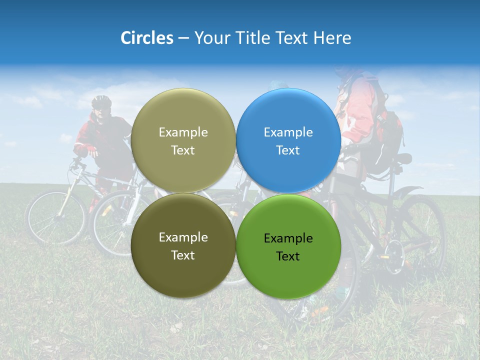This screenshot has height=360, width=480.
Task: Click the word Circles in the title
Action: coord(147,38)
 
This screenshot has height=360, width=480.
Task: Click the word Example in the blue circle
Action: coord(288,132)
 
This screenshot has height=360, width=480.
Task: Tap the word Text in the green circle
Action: coord(288,256)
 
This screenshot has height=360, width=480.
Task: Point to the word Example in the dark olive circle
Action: coord(183,237)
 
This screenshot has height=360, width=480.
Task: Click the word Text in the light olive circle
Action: coord(183,150)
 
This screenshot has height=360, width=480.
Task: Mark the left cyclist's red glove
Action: coord(91,150)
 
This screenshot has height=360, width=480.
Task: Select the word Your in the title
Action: coord(210,38)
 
